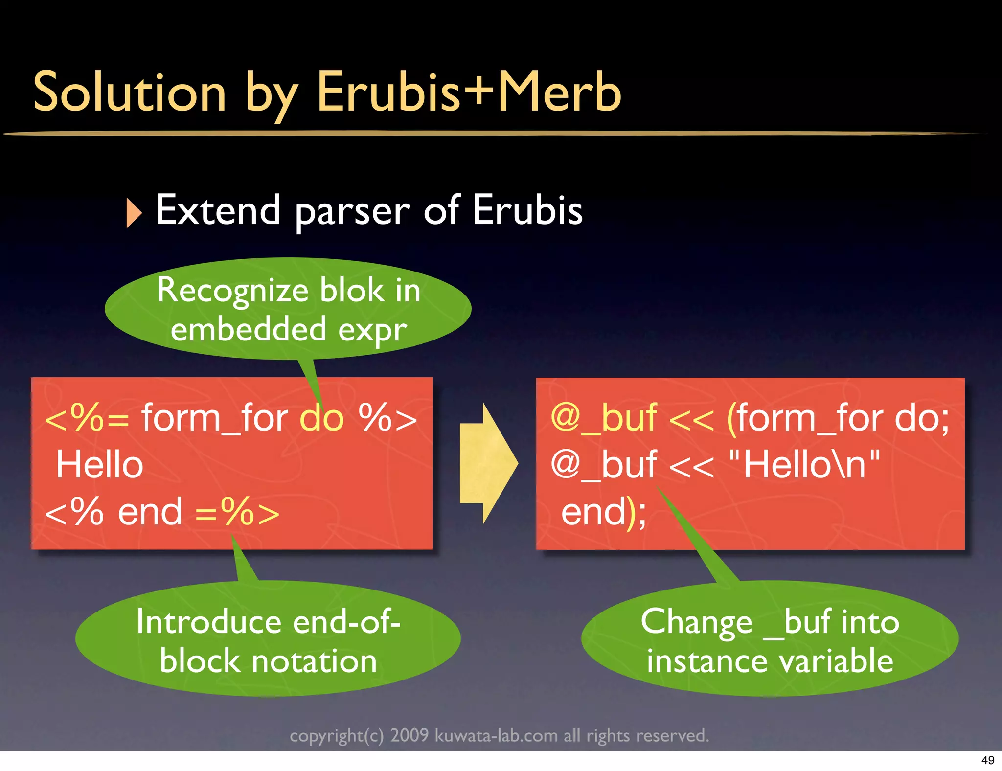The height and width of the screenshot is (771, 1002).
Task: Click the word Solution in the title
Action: pyautogui.click(x=130, y=92)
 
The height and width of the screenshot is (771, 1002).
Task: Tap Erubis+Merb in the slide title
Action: pyautogui.click(x=469, y=92)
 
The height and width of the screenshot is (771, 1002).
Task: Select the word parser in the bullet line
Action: pyautogui.click(x=352, y=211)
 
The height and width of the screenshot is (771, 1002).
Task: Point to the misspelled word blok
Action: pyautogui.click(x=352, y=290)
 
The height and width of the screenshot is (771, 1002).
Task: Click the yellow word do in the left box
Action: pyautogui.click(x=322, y=418)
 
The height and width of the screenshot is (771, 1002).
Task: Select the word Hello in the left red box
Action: pyautogui.click(x=99, y=464)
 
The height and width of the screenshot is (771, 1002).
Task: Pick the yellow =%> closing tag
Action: pyautogui.click(x=237, y=512)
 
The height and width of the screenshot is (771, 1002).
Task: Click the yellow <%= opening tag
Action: pyautogui.click(x=87, y=418)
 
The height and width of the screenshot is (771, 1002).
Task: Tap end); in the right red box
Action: pyautogui.click(x=603, y=512)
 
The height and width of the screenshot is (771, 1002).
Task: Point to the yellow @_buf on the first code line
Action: pyautogui.click(x=603, y=418)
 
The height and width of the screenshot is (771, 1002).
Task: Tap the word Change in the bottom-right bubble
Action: pyautogui.click(x=696, y=622)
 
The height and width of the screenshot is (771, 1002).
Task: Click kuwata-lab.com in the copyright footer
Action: pyautogui.click(x=496, y=735)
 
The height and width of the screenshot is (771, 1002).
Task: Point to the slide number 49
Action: pyautogui.click(x=987, y=760)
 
